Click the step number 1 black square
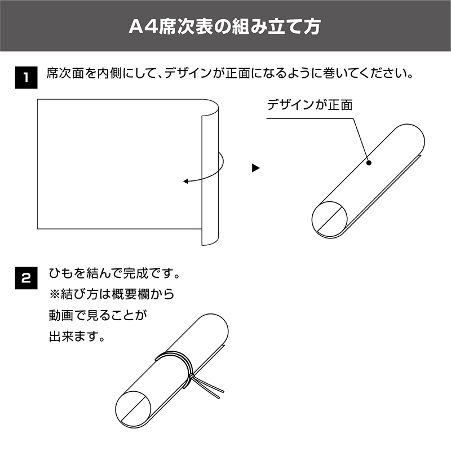click(x=26, y=77)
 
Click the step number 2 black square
click(x=26, y=278)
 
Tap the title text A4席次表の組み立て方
click(x=224, y=26)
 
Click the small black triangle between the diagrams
click(x=255, y=168)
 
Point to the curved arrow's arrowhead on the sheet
click(x=186, y=181)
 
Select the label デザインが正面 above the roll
click(x=309, y=105)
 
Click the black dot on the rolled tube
click(x=369, y=163)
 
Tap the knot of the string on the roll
click(x=191, y=376)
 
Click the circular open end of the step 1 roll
click(x=329, y=219)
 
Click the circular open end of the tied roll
click(x=133, y=409)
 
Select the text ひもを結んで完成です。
click(x=114, y=273)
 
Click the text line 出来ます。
click(x=77, y=336)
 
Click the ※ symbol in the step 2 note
click(x=54, y=294)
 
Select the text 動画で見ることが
click(x=98, y=315)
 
